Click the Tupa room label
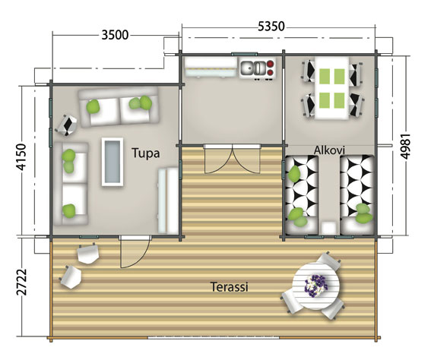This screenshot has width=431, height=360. [x=145, y=153]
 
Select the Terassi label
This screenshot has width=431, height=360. [x=230, y=287]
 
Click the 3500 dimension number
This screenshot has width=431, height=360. [x=114, y=34]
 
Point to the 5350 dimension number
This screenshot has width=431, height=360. [x=271, y=27]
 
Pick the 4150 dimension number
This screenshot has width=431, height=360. [x=20, y=161]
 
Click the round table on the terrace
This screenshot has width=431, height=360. [x=313, y=289]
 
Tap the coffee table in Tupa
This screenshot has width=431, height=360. [x=113, y=162]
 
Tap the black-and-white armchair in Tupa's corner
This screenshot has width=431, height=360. [x=69, y=123]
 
